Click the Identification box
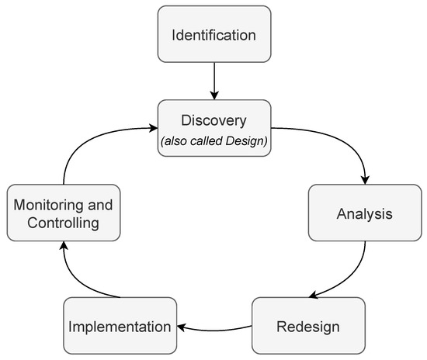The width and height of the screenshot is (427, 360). point(214,34)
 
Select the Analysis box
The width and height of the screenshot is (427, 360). point(365,212)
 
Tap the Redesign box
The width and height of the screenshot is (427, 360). point(309,325)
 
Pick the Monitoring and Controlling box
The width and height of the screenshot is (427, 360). point(64,213)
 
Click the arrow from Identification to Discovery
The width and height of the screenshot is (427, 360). point(214,80)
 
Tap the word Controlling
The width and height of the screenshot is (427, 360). point(64,223)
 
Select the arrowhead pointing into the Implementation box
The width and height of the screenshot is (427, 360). point(179,325)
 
